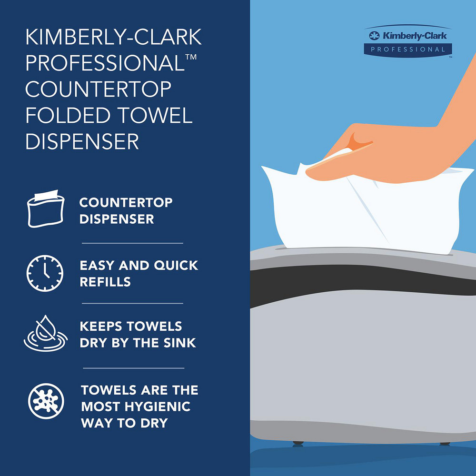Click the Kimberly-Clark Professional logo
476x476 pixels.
[x=408, y=42]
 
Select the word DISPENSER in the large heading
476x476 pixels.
[x=82, y=141]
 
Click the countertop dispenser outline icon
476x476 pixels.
[x=44, y=210]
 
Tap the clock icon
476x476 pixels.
[x=44, y=273]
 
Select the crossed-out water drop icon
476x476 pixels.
[x=44, y=334]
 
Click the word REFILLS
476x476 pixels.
[x=105, y=281]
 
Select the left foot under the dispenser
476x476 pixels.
[x=298, y=443]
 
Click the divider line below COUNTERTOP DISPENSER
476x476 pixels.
[x=132, y=243]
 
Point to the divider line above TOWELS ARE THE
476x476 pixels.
[x=133, y=368]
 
